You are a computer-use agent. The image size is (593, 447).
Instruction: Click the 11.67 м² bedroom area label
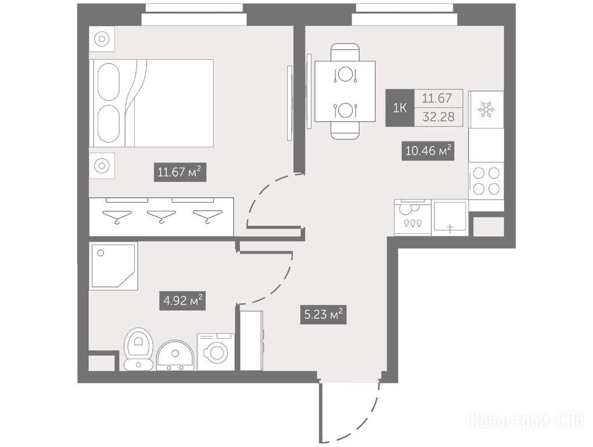click(x=180, y=172)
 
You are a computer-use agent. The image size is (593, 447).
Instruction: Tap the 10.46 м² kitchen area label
click(x=428, y=151)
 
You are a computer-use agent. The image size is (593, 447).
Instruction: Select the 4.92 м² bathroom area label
click(x=183, y=301)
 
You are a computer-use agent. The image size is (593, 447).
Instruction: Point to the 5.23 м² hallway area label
click(x=324, y=314)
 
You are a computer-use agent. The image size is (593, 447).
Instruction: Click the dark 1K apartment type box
click(x=400, y=108)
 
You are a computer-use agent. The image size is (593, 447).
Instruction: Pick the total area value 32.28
click(x=439, y=116)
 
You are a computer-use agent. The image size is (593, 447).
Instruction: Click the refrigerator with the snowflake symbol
click(x=486, y=109)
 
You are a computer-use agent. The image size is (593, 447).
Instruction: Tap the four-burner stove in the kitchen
click(x=486, y=180)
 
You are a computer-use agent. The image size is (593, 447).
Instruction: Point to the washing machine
click(x=215, y=352)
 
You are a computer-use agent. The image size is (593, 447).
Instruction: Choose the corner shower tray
click(x=113, y=266)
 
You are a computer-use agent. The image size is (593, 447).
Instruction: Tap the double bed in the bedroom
click(x=151, y=103)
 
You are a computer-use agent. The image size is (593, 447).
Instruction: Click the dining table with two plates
click(x=345, y=91)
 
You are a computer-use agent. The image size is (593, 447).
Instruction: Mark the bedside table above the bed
click(x=102, y=38)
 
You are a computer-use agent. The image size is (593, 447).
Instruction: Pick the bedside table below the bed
click(x=102, y=165)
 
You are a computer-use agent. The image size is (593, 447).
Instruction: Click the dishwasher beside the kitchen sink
click(x=412, y=217)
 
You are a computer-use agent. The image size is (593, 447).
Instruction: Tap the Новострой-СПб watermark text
click(x=527, y=421)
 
